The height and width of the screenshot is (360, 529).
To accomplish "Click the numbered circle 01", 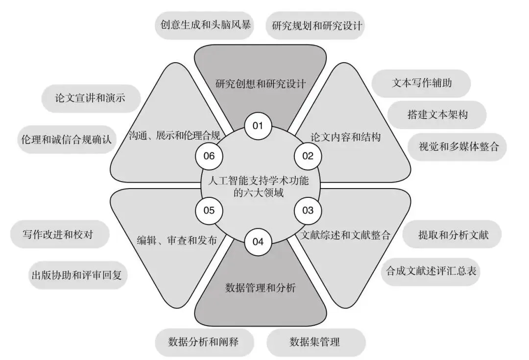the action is tap(258, 126).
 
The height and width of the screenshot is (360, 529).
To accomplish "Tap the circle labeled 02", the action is tap(307, 156).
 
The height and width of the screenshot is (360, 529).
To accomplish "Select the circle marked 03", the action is tap(307, 211).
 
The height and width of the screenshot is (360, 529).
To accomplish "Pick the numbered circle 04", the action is tap(258, 241).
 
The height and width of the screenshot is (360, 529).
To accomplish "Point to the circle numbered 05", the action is tap(209, 211).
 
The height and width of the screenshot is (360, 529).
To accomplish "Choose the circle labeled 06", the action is tap(209, 156).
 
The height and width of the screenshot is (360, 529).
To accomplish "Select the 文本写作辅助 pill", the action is tap(422, 83).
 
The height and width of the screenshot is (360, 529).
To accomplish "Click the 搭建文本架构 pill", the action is tap(437, 115).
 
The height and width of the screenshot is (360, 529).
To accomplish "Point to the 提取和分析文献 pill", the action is tap(453, 234).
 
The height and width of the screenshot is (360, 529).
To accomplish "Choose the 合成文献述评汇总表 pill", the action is tap(431, 270).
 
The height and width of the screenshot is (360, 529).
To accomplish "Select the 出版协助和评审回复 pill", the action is tap(78, 275).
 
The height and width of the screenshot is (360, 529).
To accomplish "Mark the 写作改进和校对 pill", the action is tap(58, 234).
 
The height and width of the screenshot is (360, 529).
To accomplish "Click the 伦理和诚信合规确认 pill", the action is tap(67, 140).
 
